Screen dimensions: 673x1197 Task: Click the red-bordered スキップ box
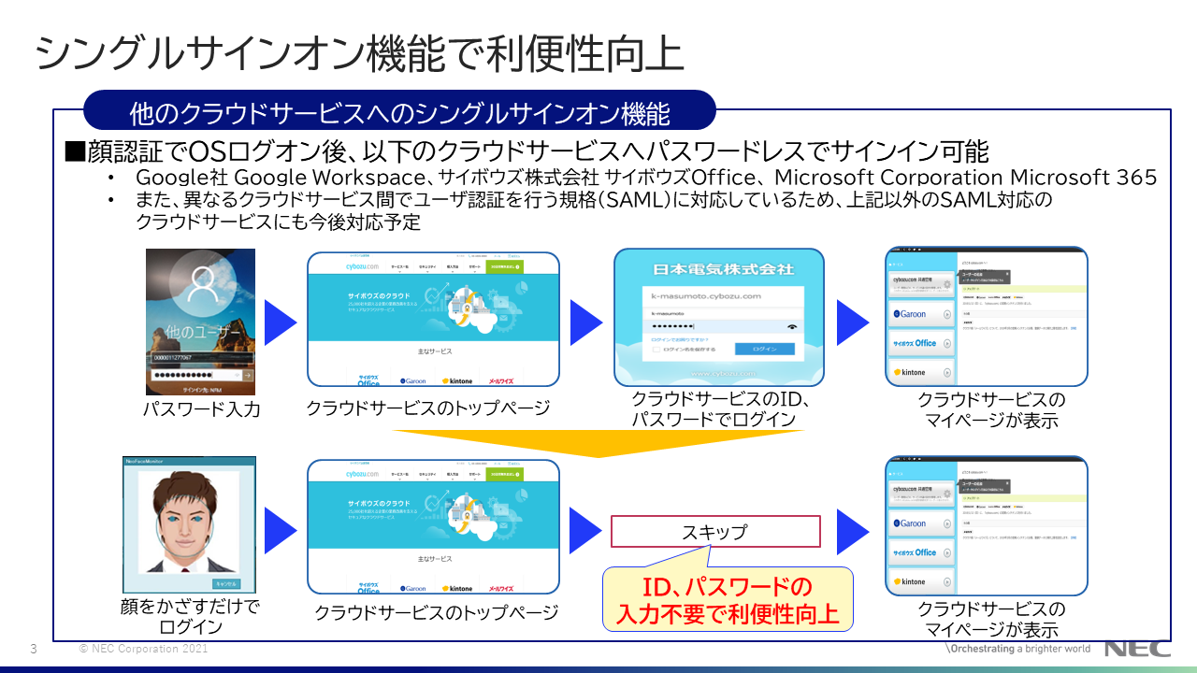[x=715, y=532]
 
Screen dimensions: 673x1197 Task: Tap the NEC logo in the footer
[x=1137, y=649]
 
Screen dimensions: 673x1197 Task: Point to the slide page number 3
[x=34, y=649]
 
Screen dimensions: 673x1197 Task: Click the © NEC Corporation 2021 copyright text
[x=143, y=649]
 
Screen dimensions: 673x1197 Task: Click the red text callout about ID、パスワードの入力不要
[x=728, y=601]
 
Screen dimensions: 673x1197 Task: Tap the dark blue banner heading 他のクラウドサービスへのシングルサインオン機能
[x=399, y=113]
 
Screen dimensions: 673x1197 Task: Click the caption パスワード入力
[x=201, y=409]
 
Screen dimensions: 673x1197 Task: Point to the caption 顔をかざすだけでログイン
[x=190, y=616]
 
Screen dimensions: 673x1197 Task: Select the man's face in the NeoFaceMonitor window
[x=189, y=523]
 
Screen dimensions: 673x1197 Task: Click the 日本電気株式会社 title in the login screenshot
[x=719, y=269]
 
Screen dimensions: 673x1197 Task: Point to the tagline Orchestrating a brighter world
[x=1020, y=649]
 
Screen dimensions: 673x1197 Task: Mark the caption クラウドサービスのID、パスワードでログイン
[x=719, y=409]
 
